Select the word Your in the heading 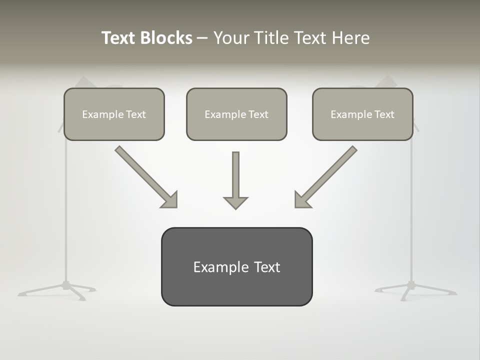pos(231,38)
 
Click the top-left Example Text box pos(114,114)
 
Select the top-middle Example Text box pos(236,114)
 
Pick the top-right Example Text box pos(362,114)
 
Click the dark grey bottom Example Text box pos(236,266)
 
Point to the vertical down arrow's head pos(235,202)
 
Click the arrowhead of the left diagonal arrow pos(170,200)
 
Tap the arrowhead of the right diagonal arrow pos(301,200)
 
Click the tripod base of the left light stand pos(65,288)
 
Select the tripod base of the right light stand pos(411,288)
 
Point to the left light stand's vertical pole pos(65,210)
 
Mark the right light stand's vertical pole pos(411,210)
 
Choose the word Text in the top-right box pos(384,114)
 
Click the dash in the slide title pos(202,38)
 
